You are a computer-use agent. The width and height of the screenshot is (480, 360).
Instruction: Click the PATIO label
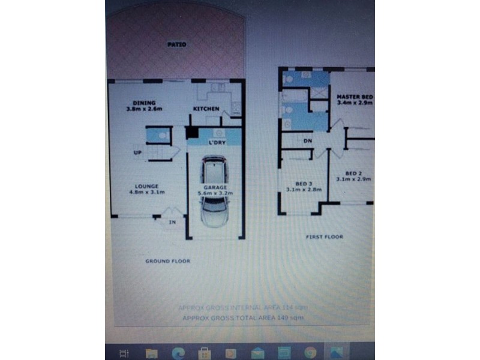click(176, 44)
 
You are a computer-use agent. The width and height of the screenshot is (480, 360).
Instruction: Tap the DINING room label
click(144, 103)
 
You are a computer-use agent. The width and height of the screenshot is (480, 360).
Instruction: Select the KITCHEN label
click(206, 109)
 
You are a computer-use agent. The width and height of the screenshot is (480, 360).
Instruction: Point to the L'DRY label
click(216, 143)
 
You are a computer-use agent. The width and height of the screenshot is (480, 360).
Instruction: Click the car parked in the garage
click(214, 191)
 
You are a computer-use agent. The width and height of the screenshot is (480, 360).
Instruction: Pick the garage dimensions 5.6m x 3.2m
click(215, 194)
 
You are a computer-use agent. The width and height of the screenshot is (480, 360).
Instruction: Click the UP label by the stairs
click(137, 153)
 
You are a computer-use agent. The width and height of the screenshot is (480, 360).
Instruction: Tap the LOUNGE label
click(146, 186)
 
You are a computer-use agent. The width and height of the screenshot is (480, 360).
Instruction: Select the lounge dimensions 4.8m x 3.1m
click(146, 192)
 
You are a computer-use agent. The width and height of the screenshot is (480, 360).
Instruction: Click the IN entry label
click(172, 222)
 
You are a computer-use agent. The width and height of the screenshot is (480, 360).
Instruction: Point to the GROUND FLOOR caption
click(167, 261)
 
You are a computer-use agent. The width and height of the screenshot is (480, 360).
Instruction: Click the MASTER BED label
click(355, 97)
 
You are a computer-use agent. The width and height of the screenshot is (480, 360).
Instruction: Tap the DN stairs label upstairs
click(308, 141)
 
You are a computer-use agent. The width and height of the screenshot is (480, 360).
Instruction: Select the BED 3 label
click(304, 183)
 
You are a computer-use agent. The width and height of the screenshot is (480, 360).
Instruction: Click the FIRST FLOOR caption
click(325, 237)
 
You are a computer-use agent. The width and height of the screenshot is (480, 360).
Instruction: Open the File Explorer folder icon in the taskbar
click(151, 353)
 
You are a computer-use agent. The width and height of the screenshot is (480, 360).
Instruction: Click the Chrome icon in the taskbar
click(310, 353)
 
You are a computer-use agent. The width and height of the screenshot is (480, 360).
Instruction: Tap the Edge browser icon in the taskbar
click(178, 353)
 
